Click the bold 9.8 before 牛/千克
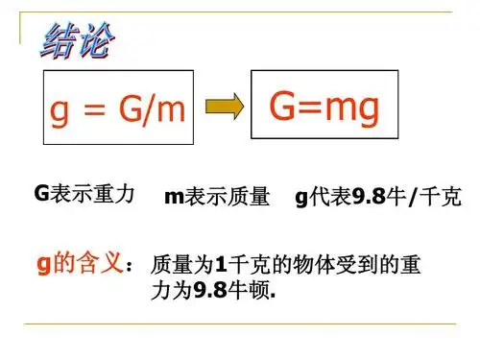[x=368, y=198]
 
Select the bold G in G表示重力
[x=40, y=195]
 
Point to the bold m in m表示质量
[x=172, y=199]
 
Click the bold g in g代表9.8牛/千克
[x=300, y=199]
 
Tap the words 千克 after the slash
[x=442, y=198]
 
